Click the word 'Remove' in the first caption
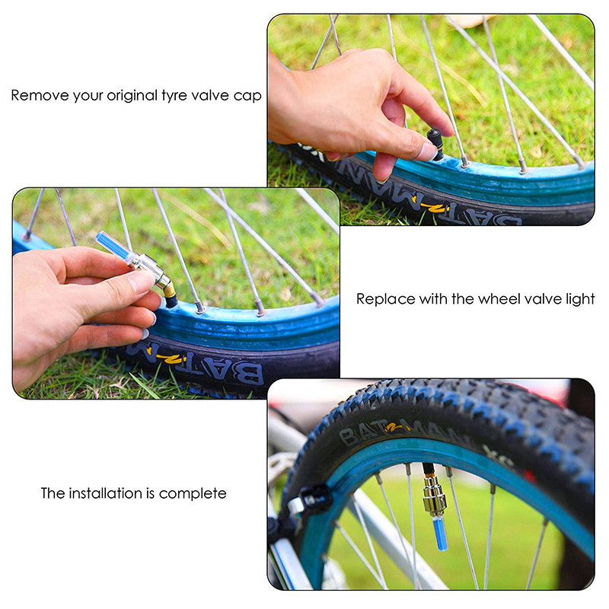tap(40, 96)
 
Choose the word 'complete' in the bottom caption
tap(193, 494)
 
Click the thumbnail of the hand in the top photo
tap(428, 151)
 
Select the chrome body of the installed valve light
tap(434, 496)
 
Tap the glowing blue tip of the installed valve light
tap(440, 532)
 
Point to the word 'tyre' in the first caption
tap(174, 97)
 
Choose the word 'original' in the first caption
tap(132, 97)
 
